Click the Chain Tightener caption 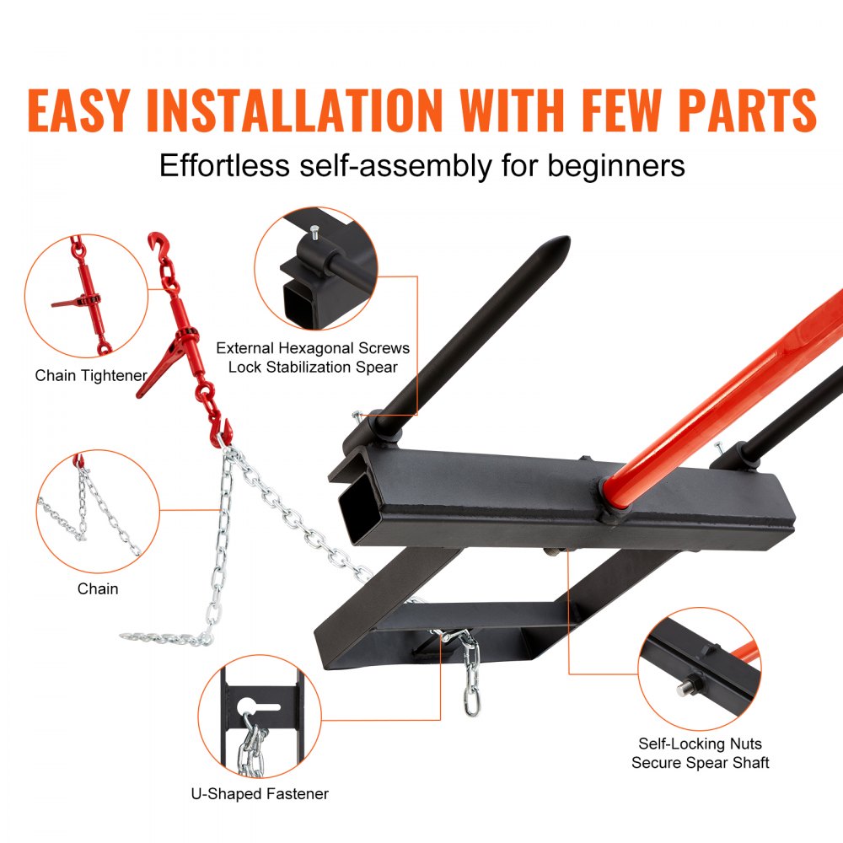click(x=91, y=375)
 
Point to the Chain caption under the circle click(x=98, y=588)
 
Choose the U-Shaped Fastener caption click(x=260, y=793)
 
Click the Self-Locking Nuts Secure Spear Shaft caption click(x=700, y=753)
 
